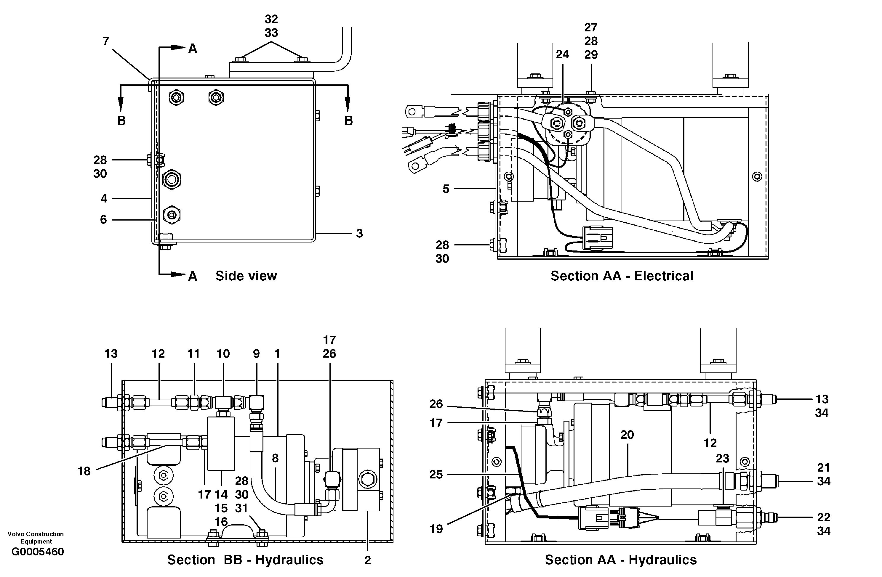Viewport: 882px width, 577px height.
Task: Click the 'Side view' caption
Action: coord(246,276)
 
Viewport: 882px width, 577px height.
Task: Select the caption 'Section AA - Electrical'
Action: coord(622,276)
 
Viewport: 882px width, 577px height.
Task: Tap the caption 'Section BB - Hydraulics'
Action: coord(245,560)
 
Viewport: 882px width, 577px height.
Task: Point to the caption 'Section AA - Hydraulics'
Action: coord(620,560)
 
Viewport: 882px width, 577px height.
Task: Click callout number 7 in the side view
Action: coord(106,41)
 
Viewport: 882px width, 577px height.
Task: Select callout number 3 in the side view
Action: coord(359,233)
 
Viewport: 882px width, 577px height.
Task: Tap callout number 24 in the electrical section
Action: coord(562,54)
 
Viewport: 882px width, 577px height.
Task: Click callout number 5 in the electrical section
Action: coord(446,189)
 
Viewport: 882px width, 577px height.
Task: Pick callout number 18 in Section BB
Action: coord(84,471)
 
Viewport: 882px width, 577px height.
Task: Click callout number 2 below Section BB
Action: coord(367,560)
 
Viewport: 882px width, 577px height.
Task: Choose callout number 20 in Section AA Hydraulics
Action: coord(627,435)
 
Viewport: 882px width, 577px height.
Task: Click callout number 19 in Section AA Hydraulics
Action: coord(436,529)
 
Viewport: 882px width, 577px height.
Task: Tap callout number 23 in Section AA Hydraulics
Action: coord(722,459)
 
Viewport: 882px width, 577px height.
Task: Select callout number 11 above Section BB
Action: coord(193,354)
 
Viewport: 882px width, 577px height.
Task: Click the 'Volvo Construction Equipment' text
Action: coord(36,537)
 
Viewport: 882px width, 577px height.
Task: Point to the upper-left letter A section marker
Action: coord(192,49)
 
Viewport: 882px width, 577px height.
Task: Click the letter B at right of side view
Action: coord(348,121)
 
